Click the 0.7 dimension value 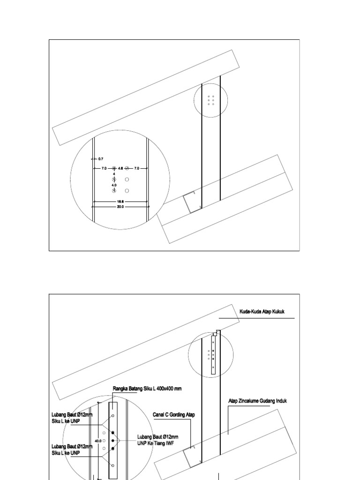pyautogui.click(x=101, y=159)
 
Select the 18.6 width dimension pyautogui.click(x=120, y=202)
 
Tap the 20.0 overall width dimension pyautogui.click(x=120, y=207)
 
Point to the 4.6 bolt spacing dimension pyautogui.click(x=120, y=168)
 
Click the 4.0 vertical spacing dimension pyautogui.click(x=114, y=185)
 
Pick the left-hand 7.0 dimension pyautogui.click(x=104, y=168)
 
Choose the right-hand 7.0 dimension pyautogui.click(x=137, y=168)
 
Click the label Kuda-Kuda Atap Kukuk pyautogui.click(x=262, y=312)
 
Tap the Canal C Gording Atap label pyautogui.click(x=173, y=414)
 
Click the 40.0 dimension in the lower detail pyautogui.click(x=98, y=441)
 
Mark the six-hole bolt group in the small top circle pyautogui.click(x=211, y=100)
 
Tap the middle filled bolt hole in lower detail pyautogui.click(x=113, y=441)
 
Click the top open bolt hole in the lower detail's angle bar pyautogui.click(x=113, y=416)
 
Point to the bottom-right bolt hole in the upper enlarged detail pyautogui.click(x=127, y=191)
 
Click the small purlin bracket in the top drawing pyautogui.click(x=192, y=202)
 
